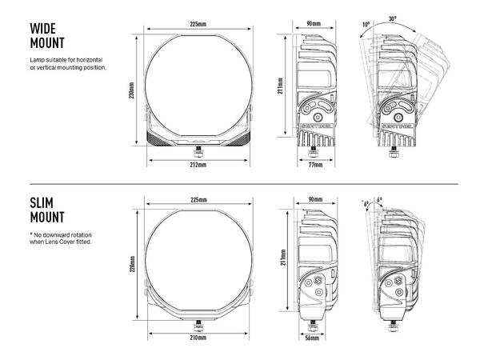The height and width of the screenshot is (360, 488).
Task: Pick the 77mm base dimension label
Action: [315, 164]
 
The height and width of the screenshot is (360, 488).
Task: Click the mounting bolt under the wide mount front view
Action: [198, 148]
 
